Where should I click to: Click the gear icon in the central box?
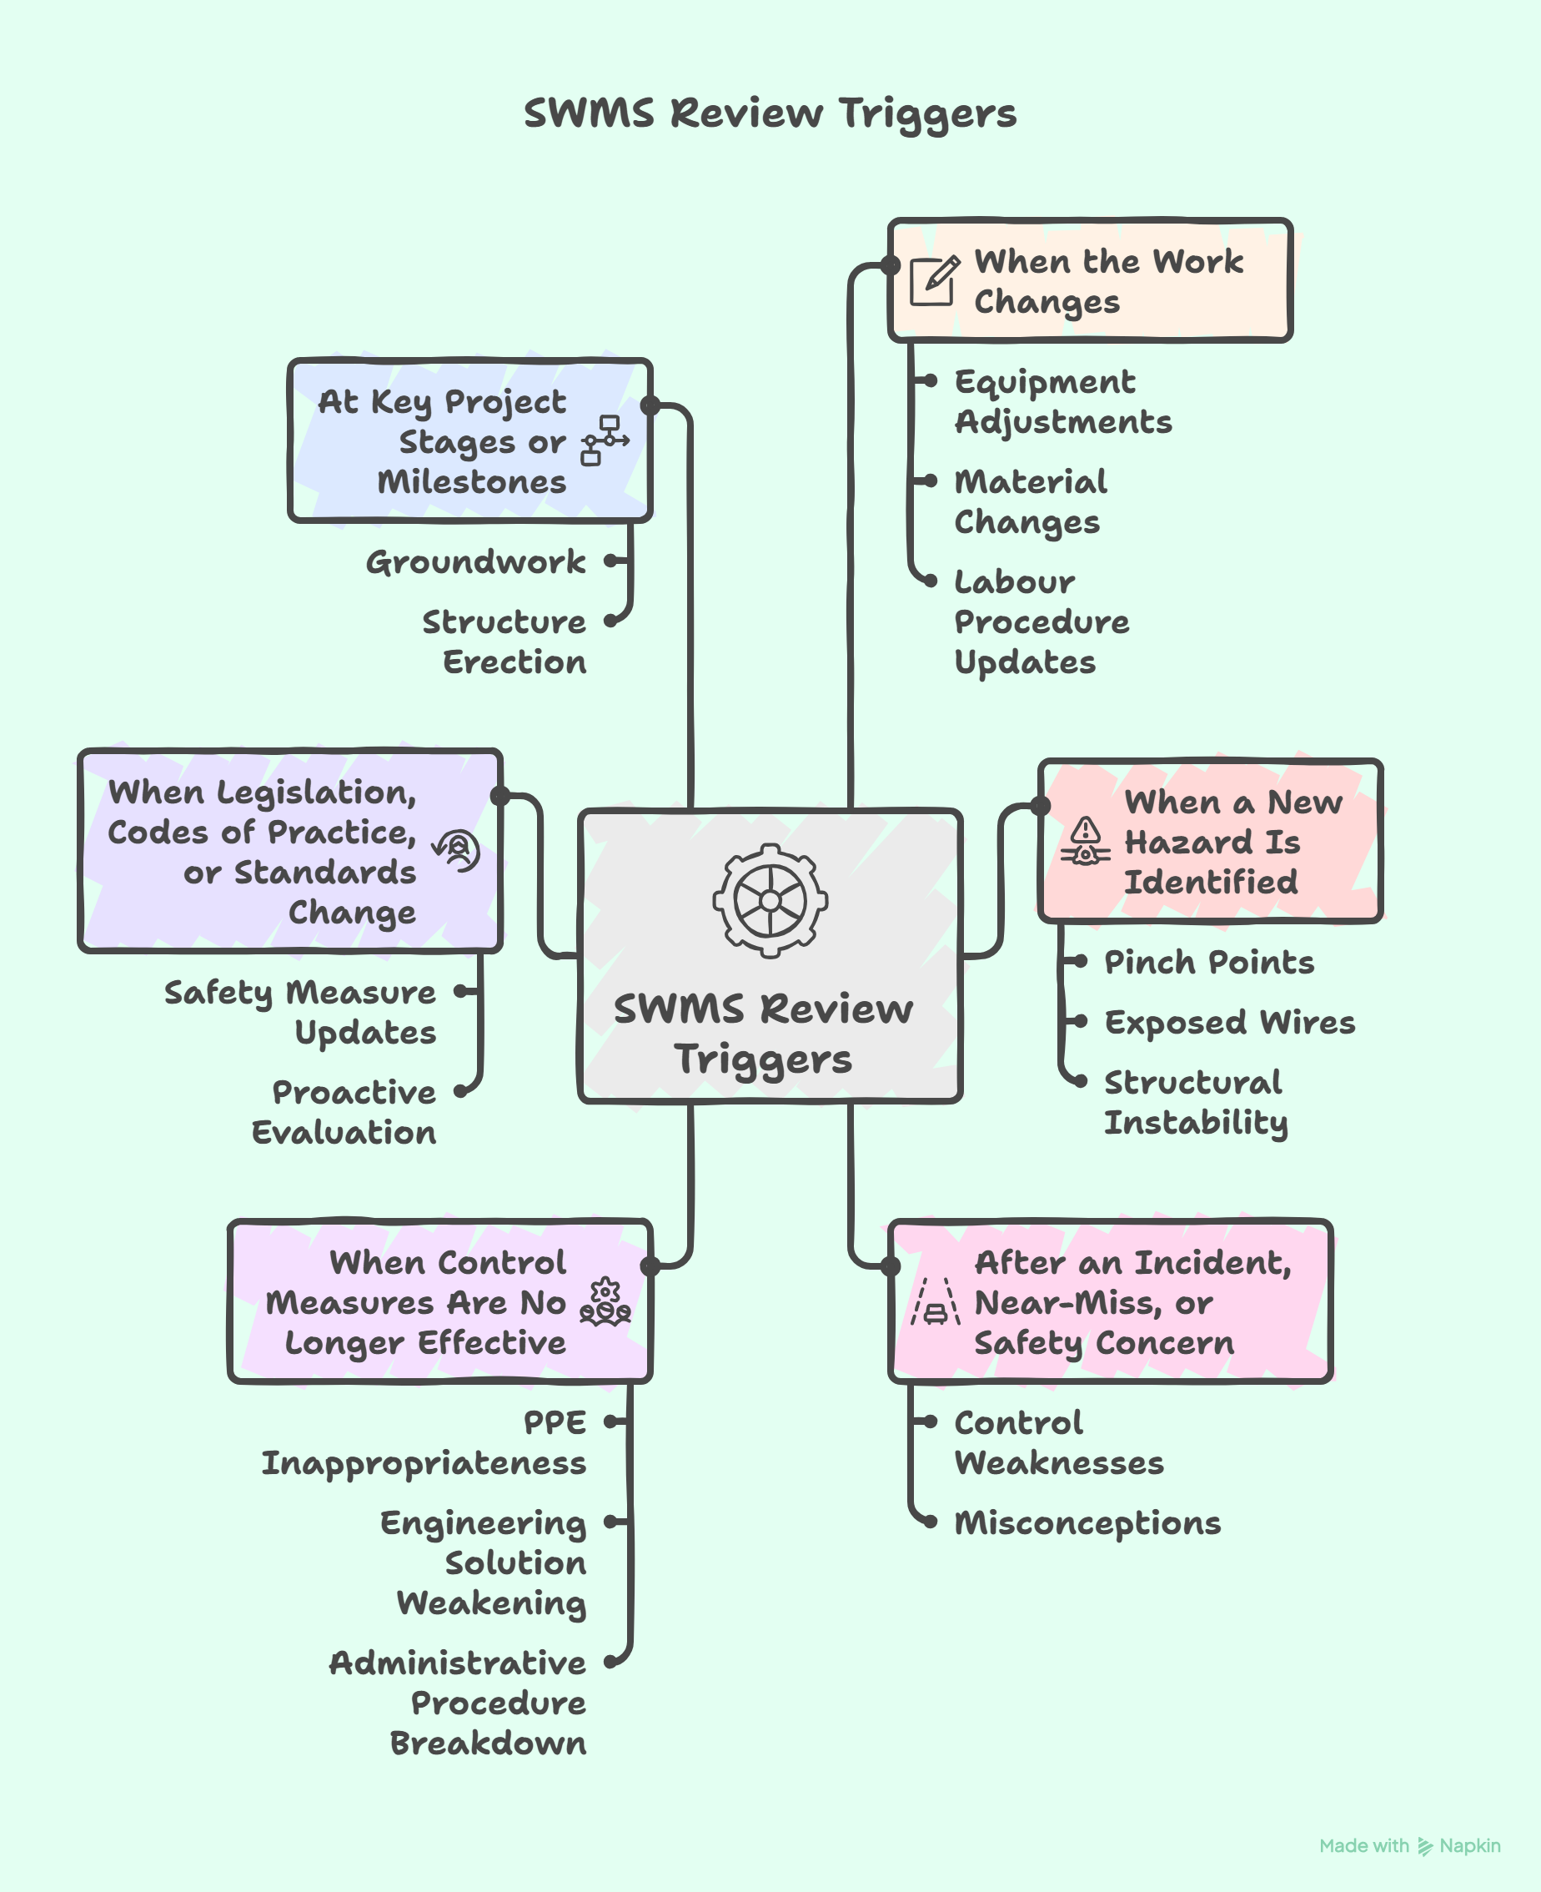pos(770,900)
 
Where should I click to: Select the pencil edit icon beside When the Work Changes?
pos(934,280)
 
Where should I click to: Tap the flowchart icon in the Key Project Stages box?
pos(605,440)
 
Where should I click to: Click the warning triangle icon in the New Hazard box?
pos(1085,842)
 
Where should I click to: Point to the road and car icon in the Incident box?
pos(935,1302)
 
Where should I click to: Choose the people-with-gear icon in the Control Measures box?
pos(605,1302)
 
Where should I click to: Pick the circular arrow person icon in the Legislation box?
pos(456,851)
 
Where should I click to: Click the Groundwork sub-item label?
pos(475,561)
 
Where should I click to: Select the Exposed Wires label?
pos(1228,1022)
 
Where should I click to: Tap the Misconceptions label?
pos(1087,1522)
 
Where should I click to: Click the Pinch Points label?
pos(1208,962)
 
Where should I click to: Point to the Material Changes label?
pos(1030,501)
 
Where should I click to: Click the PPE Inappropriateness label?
pos(424,1442)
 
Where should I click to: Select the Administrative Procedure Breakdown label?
pos(458,1702)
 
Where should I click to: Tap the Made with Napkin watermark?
pos(1408,1846)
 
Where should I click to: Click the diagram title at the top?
pos(770,113)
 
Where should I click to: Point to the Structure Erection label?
pos(504,641)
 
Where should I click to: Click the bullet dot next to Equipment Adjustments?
pos(931,381)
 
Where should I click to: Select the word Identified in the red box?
pos(1210,882)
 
